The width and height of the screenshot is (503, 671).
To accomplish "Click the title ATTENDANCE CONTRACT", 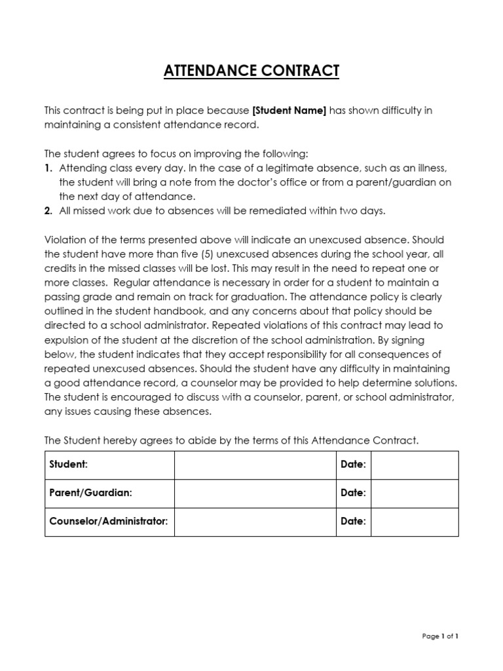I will (251, 71).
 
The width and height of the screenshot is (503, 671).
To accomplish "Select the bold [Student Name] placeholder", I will (289, 111).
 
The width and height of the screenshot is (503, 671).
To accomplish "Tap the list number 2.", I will (48, 211).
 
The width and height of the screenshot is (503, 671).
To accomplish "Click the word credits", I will (60, 269).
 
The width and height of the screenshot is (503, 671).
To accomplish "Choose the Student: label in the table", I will (69, 465).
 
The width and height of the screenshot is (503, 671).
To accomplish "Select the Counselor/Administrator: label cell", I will (109, 522).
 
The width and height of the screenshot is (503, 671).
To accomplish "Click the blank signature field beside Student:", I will (255, 465).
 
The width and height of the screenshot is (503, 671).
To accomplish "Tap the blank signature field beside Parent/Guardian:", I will (255, 493).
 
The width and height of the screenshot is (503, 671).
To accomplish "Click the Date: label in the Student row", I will (353, 465).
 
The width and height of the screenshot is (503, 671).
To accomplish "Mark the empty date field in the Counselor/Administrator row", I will (415, 522).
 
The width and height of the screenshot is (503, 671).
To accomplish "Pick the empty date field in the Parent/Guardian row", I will (415, 493).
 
